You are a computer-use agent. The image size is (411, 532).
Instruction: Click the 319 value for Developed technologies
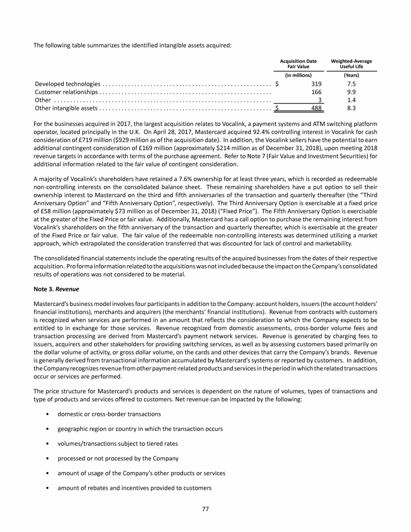316,84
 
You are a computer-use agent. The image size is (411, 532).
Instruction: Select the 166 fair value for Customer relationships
316,92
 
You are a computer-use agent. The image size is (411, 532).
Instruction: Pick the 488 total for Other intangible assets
316,108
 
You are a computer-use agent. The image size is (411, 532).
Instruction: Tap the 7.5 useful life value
352,84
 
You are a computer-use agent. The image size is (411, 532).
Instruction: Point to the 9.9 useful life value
352,92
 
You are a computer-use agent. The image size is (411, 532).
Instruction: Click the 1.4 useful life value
352,100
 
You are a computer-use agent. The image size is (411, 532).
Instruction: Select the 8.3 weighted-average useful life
352,108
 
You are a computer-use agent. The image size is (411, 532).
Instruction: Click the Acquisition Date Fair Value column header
298,64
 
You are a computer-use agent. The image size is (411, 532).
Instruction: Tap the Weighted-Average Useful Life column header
352,64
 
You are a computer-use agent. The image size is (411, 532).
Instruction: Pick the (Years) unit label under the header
352,76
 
